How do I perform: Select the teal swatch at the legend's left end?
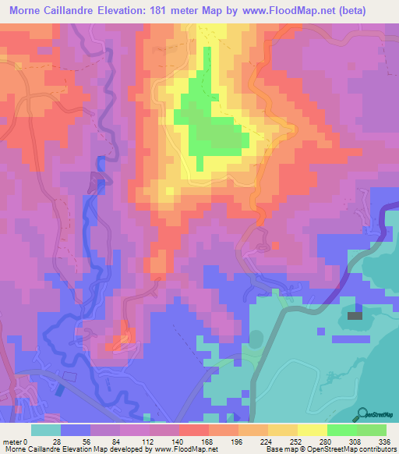(x=45, y=431)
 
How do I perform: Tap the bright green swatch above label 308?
(x=342, y=431)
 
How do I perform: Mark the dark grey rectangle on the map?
(x=355, y=316)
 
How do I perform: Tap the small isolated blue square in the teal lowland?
(x=322, y=331)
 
